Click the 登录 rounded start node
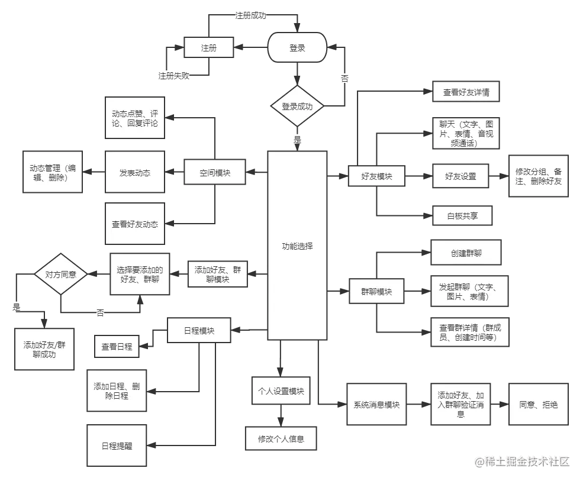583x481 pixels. coord(297,48)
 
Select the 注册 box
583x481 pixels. coord(208,48)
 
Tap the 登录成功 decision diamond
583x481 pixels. coord(297,107)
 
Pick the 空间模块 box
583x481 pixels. coord(215,173)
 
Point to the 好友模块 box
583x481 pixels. coord(376,176)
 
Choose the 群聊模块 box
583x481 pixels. coord(376,291)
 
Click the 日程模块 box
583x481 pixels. coord(199,331)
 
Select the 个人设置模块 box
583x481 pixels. coord(281,390)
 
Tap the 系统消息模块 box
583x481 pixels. coord(376,405)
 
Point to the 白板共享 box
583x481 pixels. coord(462,216)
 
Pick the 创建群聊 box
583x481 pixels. coord(466,253)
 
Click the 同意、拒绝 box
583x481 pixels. coord(538,405)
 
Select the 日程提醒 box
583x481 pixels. coord(117,446)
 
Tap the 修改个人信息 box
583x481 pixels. coord(281,439)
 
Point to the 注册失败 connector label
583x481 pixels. coord(173,76)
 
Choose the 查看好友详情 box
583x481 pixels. coord(466,93)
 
